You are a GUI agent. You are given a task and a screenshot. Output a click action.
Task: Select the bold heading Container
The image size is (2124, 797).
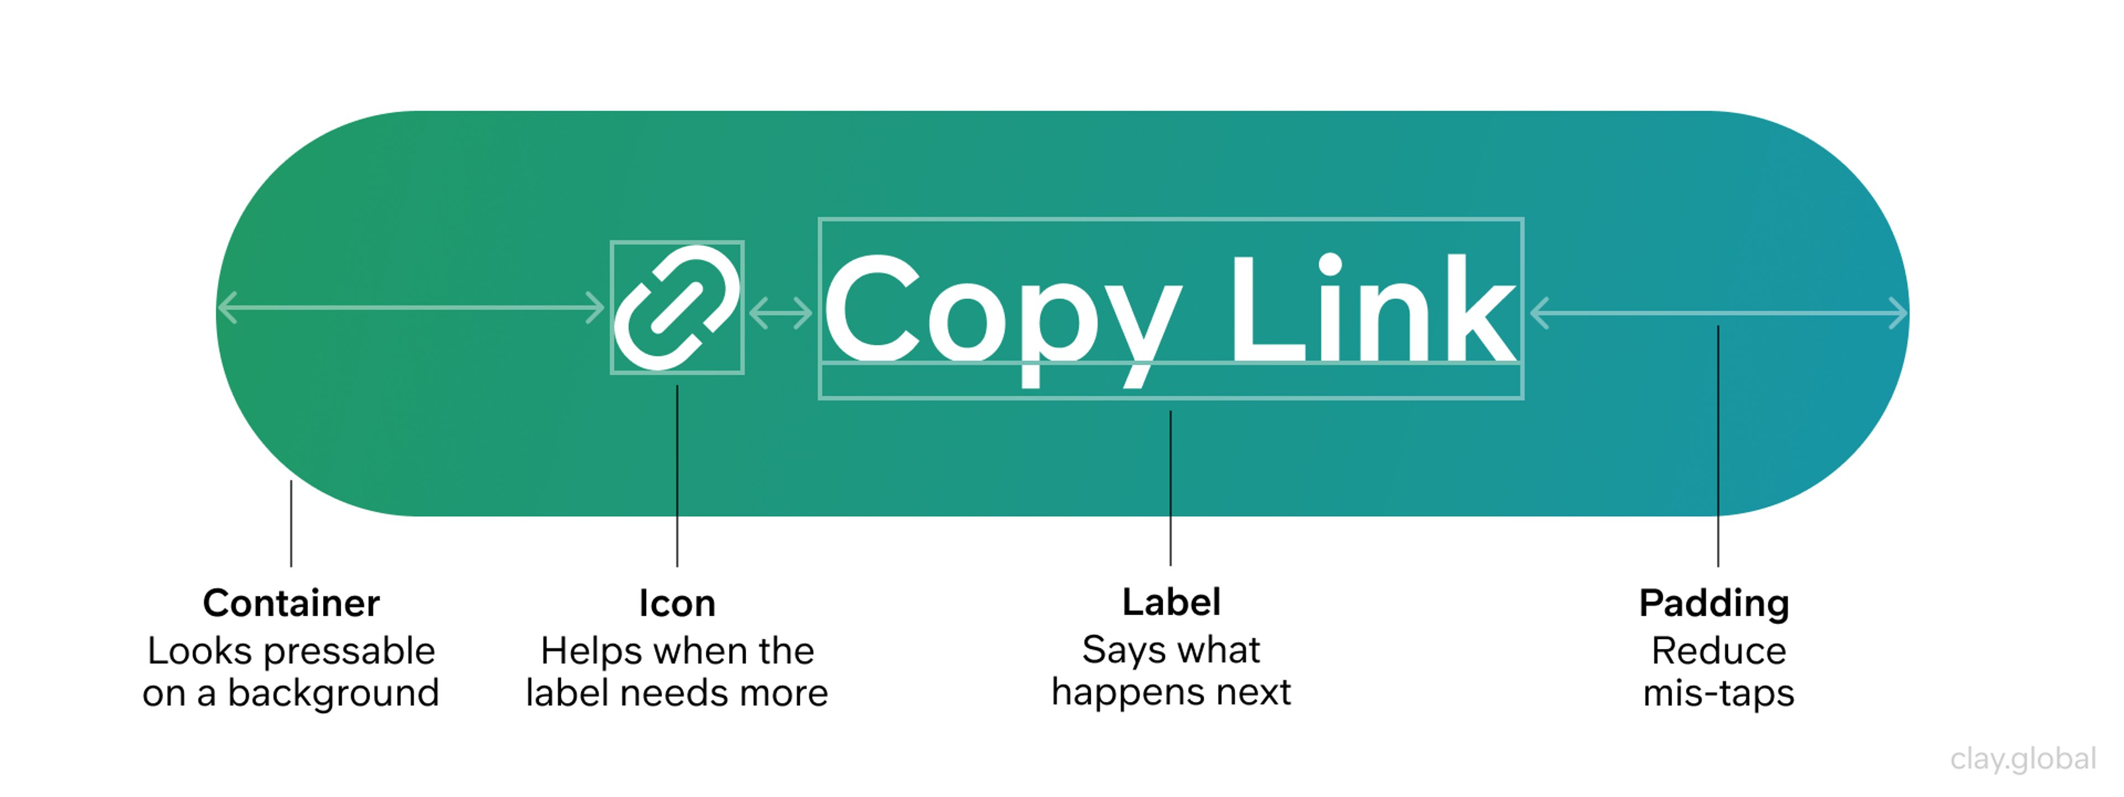tap(291, 604)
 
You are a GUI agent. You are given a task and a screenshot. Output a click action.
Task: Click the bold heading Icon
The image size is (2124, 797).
tap(677, 604)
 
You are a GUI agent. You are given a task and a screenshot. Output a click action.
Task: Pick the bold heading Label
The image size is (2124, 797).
tap(1171, 602)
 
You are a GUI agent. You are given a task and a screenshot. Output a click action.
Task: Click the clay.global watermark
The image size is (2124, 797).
tap(2023, 759)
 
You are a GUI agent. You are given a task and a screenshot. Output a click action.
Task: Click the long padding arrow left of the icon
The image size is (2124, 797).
tap(410, 307)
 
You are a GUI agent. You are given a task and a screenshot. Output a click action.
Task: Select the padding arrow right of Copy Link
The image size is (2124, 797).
tap(1719, 313)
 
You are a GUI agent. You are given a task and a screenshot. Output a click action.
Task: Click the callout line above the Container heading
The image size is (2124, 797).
tap(291, 523)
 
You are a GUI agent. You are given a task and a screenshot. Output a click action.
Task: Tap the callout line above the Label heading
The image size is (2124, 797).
tap(1170, 488)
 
